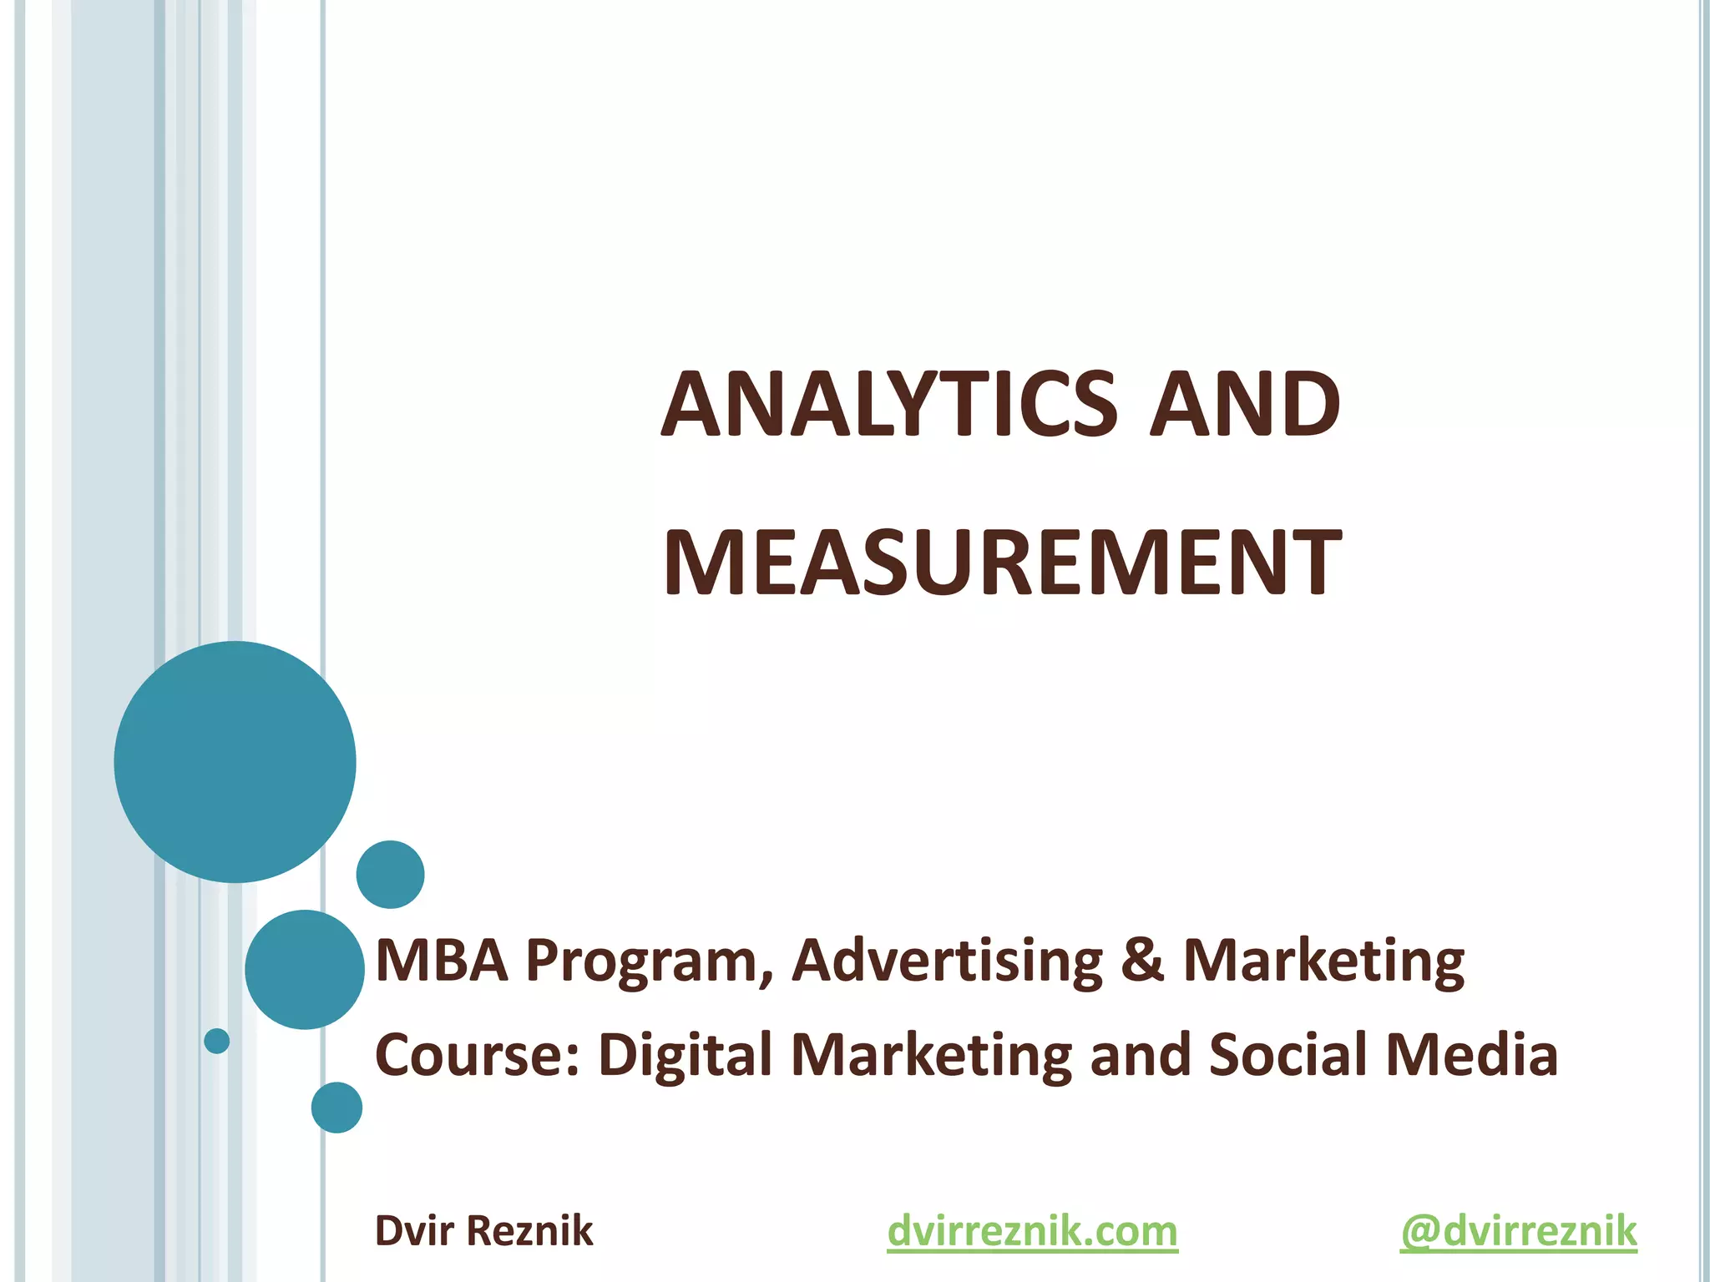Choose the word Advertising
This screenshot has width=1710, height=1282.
[947, 961]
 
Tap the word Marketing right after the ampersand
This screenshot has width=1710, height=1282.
[1323, 961]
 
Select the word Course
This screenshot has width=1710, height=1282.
[477, 1054]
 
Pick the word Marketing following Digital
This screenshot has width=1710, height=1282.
[931, 1056]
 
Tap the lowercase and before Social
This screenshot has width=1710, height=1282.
[1141, 1054]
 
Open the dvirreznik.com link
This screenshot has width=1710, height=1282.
[1032, 1232]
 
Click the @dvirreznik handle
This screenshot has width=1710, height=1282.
[1518, 1232]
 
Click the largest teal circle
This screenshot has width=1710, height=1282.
[235, 761]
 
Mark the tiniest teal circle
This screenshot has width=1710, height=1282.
[217, 1041]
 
